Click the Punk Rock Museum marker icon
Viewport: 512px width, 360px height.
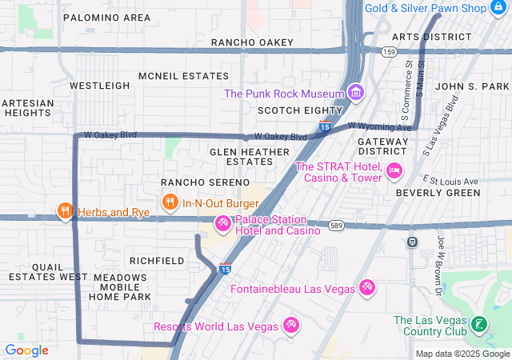(x=355, y=94)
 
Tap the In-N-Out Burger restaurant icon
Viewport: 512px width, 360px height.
(x=170, y=203)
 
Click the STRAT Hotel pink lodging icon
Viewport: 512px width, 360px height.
(x=393, y=170)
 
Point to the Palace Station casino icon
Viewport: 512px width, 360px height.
(x=222, y=225)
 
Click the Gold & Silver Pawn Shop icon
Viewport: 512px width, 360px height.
(x=500, y=8)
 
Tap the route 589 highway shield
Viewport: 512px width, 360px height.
(x=336, y=226)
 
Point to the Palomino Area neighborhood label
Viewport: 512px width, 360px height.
(x=106, y=17)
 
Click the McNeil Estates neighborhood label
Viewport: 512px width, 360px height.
(x=183, y=76)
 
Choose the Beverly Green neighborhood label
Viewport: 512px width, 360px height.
(x=438, y=193)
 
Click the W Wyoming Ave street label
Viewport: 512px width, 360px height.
(x=380, y=126)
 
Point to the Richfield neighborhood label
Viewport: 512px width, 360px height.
(x=157, y=261)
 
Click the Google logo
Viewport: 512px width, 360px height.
(x=26, y=350)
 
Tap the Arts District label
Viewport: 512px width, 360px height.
(x=431, y=37)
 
